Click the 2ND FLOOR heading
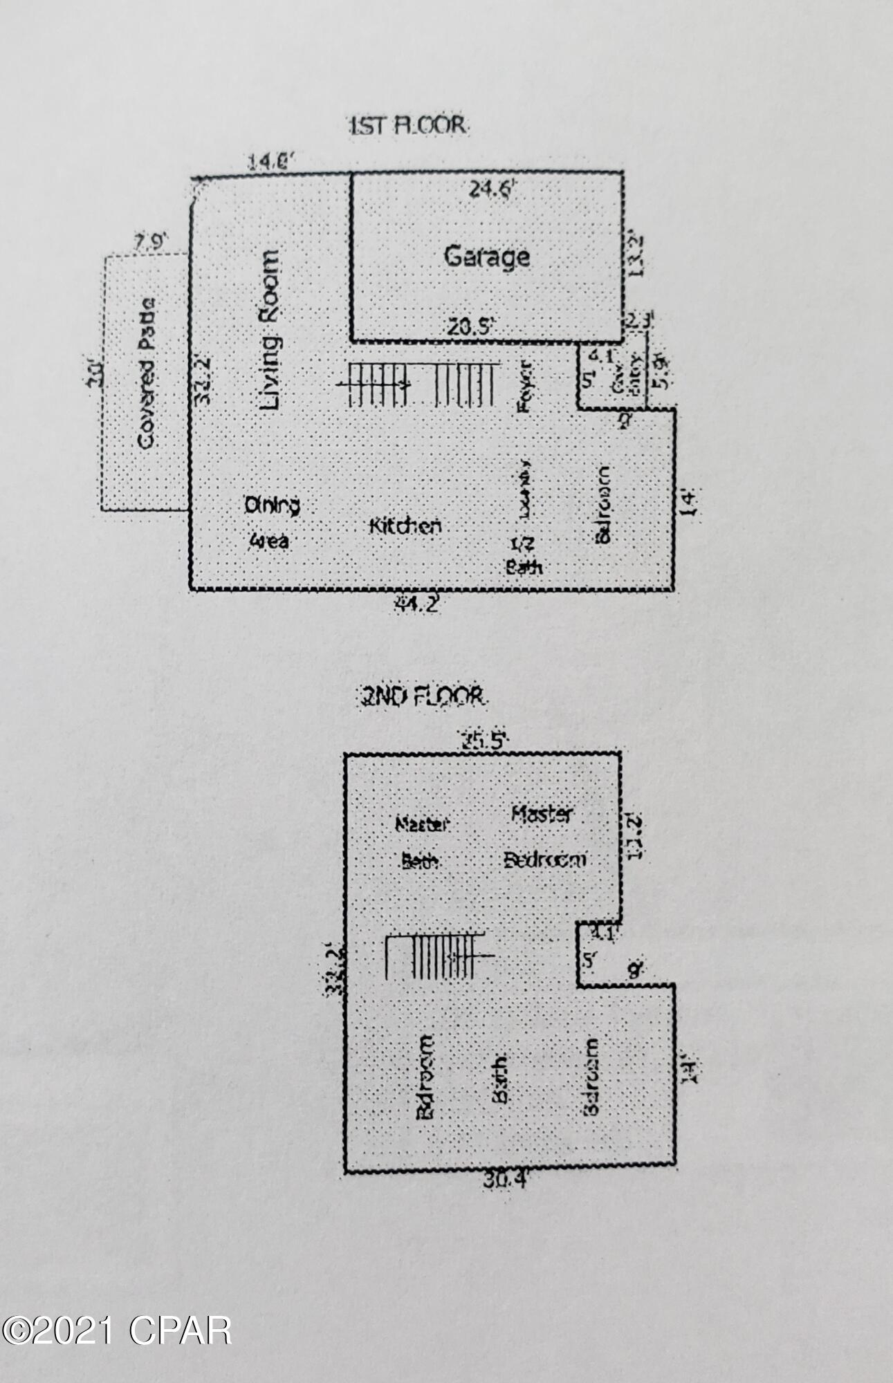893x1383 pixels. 421,697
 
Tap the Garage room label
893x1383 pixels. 486,257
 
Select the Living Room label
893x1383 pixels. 270,331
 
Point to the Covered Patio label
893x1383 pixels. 146,373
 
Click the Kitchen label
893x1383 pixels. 405,526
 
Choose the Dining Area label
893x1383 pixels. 271,523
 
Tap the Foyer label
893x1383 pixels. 525,385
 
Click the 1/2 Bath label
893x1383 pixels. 524,555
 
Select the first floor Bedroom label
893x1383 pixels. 603,504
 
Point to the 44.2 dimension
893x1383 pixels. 416,605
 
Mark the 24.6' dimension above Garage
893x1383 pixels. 492,189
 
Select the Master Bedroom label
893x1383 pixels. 544,837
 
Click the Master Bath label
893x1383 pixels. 421,842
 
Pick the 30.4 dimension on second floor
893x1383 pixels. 505,1180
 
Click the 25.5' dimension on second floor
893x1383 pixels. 485,741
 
